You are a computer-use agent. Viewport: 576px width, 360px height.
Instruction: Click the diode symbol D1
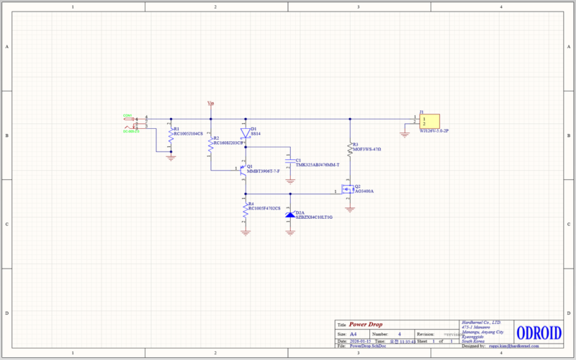[x=246, y=132]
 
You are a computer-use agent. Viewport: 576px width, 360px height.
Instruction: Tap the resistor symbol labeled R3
[x=349, y=149]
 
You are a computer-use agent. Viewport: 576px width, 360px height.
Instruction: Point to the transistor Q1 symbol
[x=243, y=170]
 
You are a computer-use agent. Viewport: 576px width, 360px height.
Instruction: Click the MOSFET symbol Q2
[x=348, y=190]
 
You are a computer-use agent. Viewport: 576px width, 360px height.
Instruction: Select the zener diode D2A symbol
[x=290, y=215]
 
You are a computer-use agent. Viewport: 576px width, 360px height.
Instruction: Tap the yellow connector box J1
[x=430, y=122]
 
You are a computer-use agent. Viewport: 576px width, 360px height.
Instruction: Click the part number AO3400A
[x=364, y=191]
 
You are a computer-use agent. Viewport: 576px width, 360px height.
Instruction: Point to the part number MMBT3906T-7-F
[x=264, y=172]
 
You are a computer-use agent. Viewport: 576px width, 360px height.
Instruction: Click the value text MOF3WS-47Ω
[x=367, y=150]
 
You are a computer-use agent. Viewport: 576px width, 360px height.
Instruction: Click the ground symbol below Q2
[x=349, y=209]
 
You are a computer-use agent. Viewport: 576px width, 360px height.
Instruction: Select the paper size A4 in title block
[x=353, y=335]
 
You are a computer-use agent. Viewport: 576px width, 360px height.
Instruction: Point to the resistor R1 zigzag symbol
[x=171, y=135]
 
